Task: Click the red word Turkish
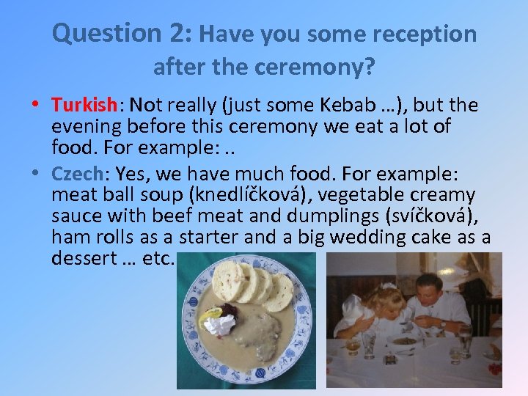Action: [84, 106]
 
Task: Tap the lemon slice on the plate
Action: [213, 314]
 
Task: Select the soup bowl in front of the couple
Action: [403, 340]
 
